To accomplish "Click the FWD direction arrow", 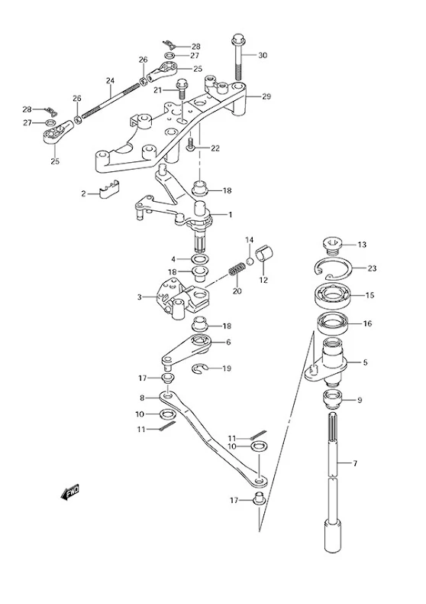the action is [x=70, y=492].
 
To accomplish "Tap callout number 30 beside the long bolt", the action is [x=262, y=56].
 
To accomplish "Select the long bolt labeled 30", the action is [x=237, y=58].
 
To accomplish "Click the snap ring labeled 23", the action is [x=332, y=268].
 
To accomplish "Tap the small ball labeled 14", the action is [x=250, y=261].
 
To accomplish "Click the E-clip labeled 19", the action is [x=200, y=369].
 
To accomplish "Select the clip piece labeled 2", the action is [x=108, y=189].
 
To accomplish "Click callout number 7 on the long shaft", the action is [x=355, y=463].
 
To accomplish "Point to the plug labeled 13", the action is [x=331, y=245].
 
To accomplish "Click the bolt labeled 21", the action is [x=181, y=89].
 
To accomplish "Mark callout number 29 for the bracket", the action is [x=266, y=96].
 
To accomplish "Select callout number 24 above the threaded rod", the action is [x=111, y=81].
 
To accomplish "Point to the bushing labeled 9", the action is [x=332, y=400].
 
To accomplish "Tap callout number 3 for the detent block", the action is [x=140, y=297].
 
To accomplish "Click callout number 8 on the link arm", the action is [x=142, y=398].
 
